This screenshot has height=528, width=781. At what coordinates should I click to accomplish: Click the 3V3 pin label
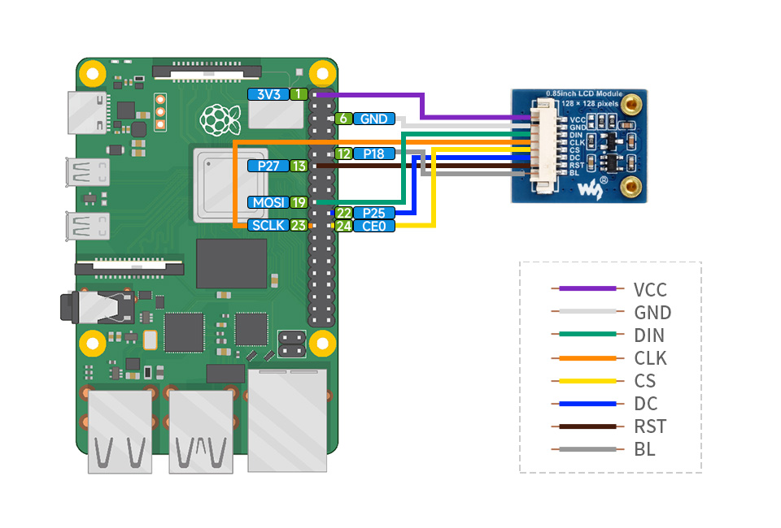[268, 94]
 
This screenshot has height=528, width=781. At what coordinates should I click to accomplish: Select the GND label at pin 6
[373, 119]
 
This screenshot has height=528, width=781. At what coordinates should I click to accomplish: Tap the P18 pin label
[373, 154]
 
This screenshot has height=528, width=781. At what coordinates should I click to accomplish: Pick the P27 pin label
[268, 166]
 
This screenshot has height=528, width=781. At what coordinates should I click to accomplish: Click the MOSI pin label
[268, 202]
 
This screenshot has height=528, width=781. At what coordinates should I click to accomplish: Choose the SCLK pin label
[268, 225]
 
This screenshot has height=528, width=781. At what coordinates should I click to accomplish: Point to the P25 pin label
[373, 213]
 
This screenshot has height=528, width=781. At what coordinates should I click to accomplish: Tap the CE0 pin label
[373, 226]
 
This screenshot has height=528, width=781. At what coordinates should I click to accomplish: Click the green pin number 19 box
[299, 202]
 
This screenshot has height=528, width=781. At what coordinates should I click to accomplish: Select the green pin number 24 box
[343, 226]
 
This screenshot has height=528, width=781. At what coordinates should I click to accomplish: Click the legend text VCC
[650, 289]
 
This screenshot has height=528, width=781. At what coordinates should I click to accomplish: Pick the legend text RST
[649, 426]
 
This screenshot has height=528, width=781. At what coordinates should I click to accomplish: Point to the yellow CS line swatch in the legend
[587, 381]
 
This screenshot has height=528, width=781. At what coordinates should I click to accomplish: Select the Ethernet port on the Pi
[287, 418]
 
